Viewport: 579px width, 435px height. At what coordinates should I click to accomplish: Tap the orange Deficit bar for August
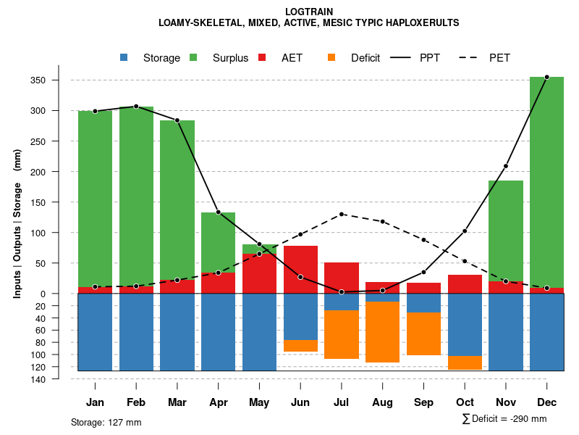click(382, 331)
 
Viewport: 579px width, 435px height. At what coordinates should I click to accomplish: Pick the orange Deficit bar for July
click(342, 334)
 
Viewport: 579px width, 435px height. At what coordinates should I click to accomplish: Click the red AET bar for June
click(300, 269)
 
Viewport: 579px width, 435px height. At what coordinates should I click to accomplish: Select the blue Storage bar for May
click(259, 332)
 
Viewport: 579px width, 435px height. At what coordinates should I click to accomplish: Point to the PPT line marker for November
click(506, 166)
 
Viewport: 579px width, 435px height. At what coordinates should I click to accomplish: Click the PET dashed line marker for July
click(342, 214)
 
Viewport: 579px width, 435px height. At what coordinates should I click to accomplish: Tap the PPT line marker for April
click(218, 212)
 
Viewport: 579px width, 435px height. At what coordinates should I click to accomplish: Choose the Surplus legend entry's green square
click(193, 57)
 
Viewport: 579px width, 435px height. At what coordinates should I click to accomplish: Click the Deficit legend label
click(365, 58)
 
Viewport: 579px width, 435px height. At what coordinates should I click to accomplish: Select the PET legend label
click(499, 58)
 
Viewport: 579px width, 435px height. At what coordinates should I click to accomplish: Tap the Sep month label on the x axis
click(424, 402)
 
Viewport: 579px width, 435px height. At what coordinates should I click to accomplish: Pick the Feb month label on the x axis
click(136, 402)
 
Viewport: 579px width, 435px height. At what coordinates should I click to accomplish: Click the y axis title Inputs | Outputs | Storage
click(17, 223)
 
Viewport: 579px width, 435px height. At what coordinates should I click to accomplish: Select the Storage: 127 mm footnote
click(106, 422)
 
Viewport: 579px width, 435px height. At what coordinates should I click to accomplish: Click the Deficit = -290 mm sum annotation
click(504, 419)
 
